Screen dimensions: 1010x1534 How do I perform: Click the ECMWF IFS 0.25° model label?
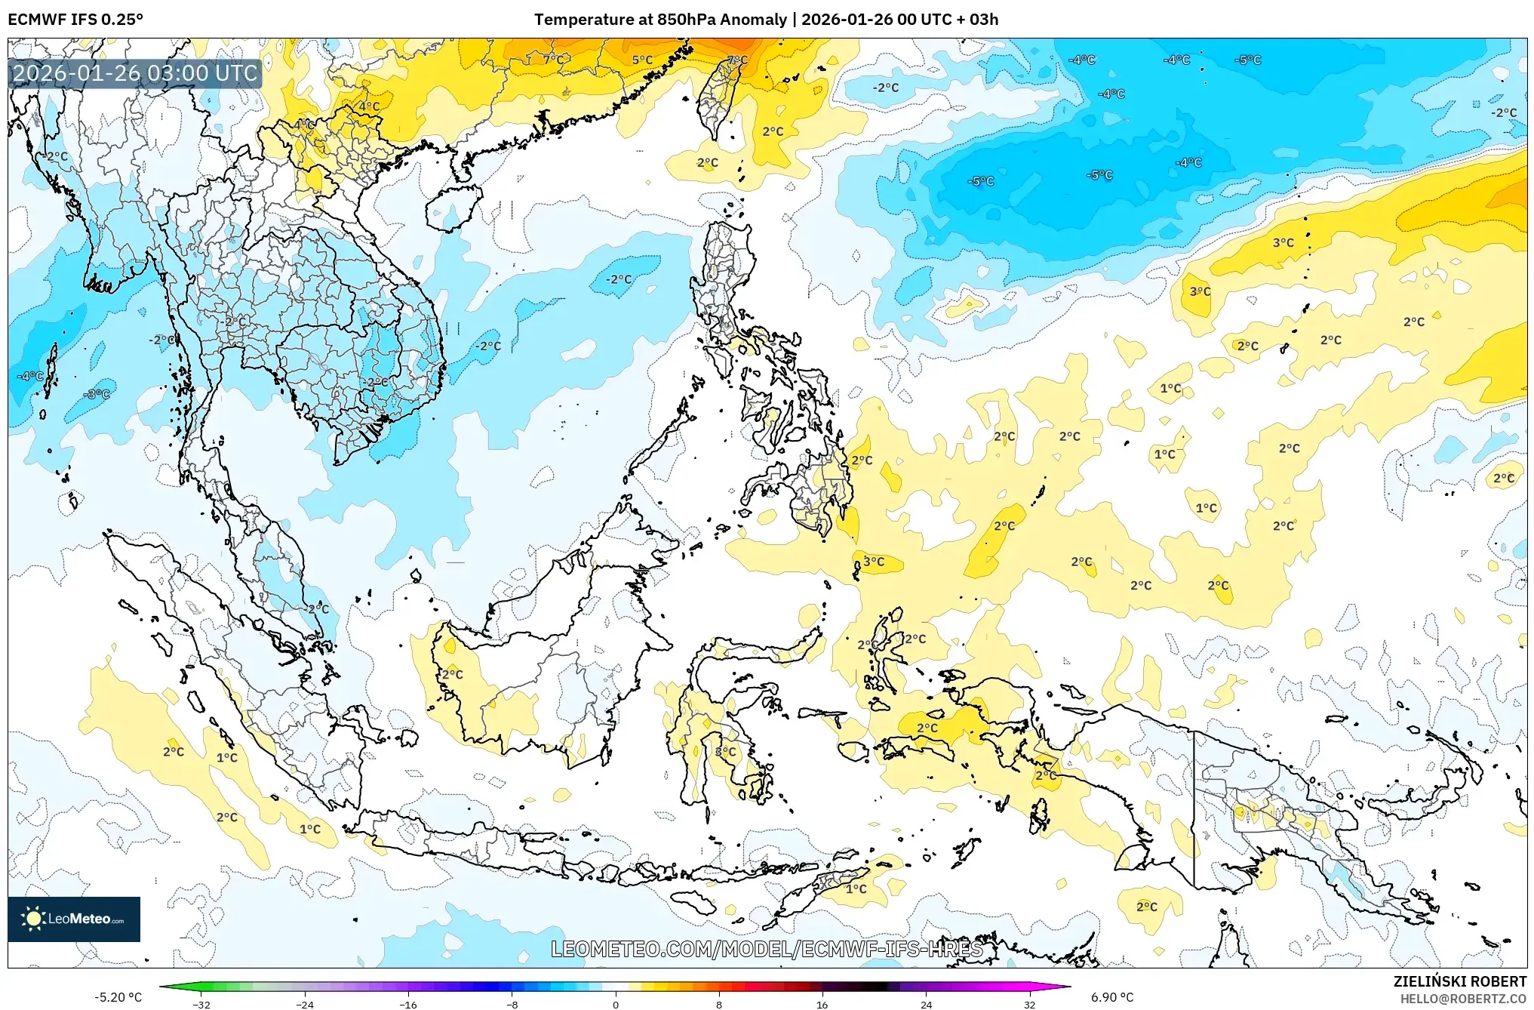pyautogui.click(x=75, y=20)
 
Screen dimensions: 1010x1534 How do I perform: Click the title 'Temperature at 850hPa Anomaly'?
pyautogui.click(x=660, y=20)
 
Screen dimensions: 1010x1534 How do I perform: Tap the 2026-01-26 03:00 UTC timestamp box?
pyautogui.click(x=135, y=73)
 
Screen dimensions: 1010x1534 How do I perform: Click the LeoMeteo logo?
pyautogui.click(x=74, y=919)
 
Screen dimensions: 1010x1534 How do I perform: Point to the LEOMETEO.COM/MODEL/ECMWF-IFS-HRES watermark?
pyautogui.click(x=767, y=949)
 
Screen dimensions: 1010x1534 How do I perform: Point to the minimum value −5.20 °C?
pyautogui.click(x=118, y=997)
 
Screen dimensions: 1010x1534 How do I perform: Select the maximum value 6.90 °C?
pyautogui.click(x=1112, y=997)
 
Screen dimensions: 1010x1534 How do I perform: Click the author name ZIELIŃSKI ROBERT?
pyautogui.click(x=1459, y=981)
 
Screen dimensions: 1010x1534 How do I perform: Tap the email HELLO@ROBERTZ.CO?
pyautogui.click(x=1463, y=999)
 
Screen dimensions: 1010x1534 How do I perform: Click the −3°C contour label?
pyautogui.click(x=97, y=394)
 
